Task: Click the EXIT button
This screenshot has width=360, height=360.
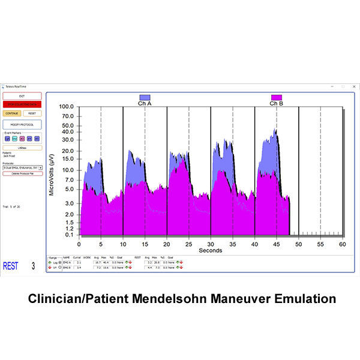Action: (22, 95)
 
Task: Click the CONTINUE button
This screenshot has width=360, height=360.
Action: (12, 112)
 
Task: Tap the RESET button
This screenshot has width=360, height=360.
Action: (32, 112)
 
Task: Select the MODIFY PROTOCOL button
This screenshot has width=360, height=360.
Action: (22, 124)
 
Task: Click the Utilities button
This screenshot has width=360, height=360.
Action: (22, 147)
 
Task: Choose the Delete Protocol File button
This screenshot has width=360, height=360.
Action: (22, 173)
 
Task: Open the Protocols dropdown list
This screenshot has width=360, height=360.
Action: (40, 167)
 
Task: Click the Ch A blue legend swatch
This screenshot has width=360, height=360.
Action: (145, 97)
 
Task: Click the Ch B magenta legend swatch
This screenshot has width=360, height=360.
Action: (276, 97)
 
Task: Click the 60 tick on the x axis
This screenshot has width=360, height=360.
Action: (343, 244)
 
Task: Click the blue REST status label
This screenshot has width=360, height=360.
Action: (11, 265)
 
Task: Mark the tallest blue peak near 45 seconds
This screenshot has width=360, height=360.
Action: (275, 130)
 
